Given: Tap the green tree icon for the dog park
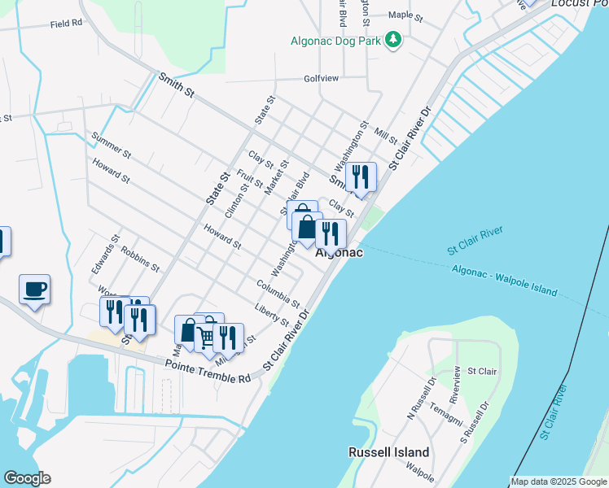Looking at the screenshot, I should click(394, 40).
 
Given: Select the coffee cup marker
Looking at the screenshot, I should click(34, 290).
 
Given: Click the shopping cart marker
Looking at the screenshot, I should click(207, 334).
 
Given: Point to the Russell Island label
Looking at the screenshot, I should click(388, 452).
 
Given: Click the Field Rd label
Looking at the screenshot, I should click(66, 24).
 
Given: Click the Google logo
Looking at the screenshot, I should click(27, 478).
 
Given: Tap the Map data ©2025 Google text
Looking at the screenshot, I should click(559, 481).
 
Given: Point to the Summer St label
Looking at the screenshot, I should click(112, 145).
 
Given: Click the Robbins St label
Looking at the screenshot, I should click(140, 257).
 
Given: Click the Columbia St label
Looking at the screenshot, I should click(278, 290).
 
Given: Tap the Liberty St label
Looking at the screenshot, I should click(271, 315).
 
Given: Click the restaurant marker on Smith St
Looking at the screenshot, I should click(360, 177).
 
